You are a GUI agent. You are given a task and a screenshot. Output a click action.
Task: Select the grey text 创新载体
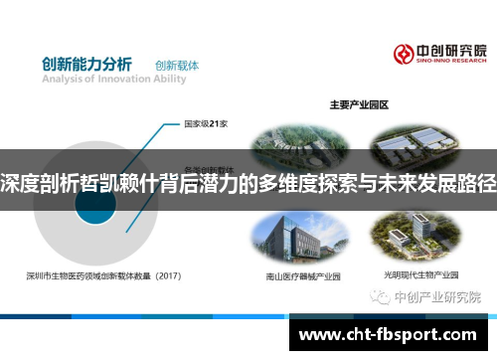177,66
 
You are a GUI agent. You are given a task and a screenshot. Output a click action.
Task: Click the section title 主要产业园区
358,103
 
